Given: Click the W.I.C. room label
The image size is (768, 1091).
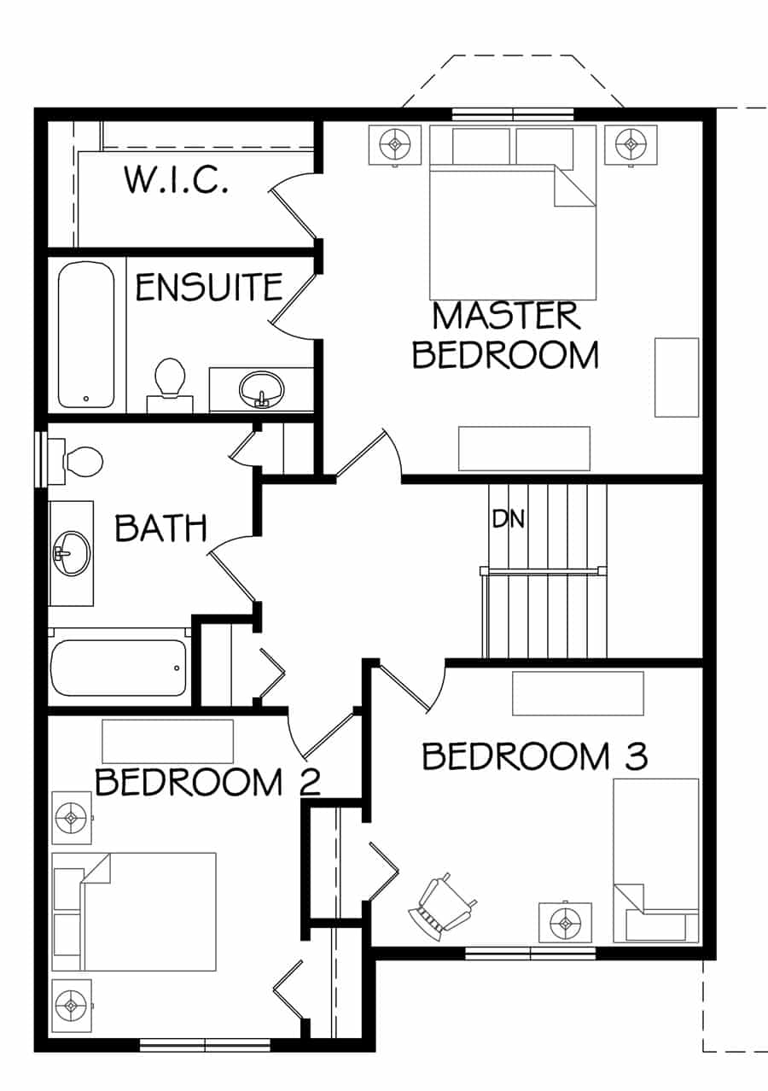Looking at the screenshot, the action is [177, 180].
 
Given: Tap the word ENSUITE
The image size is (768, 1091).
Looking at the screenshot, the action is [209, 287].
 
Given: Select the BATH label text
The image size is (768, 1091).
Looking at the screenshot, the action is [160, 528].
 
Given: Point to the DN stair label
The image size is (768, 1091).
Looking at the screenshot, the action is [508, 519].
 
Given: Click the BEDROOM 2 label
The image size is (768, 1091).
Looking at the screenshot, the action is [208, 782].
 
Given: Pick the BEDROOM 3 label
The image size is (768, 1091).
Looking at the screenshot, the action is [535, 756].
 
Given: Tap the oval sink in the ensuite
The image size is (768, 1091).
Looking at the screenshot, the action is [261, 389].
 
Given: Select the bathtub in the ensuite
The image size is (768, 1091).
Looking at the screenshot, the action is [86, 335].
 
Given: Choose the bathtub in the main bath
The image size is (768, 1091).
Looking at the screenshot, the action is [119, 668].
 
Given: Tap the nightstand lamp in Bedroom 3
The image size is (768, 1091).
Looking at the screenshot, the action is [566, 922].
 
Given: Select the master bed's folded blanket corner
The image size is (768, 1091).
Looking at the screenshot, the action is [574, 185].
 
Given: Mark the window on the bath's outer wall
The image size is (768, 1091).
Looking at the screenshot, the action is [42, 458].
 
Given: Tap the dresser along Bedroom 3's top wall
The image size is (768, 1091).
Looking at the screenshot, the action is [578, 693].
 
